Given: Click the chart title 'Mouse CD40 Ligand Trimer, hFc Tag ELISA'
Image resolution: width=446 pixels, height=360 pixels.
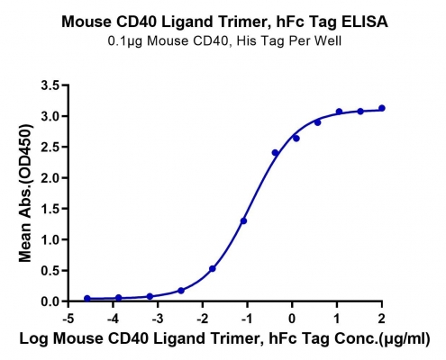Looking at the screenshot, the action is [224, 22].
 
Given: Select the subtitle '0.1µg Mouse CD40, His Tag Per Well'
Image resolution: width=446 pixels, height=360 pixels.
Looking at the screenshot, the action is [224, 41].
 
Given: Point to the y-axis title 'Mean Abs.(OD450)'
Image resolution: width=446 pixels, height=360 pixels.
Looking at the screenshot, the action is [25, 193].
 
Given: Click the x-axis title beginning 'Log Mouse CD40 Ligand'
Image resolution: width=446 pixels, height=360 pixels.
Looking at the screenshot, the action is [224, 338].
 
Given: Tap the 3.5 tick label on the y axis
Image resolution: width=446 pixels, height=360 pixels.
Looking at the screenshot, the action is [50, 85].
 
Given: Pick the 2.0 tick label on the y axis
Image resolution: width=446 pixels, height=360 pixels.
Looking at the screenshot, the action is [50, 178].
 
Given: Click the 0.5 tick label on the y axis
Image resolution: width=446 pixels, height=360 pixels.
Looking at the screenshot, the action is [50, 271].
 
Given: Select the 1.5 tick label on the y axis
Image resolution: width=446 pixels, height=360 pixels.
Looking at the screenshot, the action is [50, 209].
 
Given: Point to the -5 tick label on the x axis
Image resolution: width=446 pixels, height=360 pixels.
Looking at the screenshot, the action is [68, 319].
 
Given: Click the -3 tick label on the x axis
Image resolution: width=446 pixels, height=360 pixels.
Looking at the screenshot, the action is [158, 319].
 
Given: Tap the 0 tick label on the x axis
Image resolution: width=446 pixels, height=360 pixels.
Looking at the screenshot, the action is [292, 319].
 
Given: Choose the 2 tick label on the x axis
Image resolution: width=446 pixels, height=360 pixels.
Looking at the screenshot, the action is [381, 319].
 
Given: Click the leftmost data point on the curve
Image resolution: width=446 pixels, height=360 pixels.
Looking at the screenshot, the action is [87, 299].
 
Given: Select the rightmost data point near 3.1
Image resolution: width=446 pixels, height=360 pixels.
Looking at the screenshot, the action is [382, 108].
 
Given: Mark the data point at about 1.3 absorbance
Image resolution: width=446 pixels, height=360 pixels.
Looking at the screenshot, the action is [243, 221].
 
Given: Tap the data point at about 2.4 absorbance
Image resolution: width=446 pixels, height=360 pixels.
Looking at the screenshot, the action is [275, 153].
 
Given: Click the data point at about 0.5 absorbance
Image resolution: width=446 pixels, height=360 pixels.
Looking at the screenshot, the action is [213, 269].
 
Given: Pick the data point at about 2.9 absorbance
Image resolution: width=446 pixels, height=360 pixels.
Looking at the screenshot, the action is [318, 122].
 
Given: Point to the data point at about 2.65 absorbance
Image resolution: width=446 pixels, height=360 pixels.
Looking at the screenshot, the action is [296, 139].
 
